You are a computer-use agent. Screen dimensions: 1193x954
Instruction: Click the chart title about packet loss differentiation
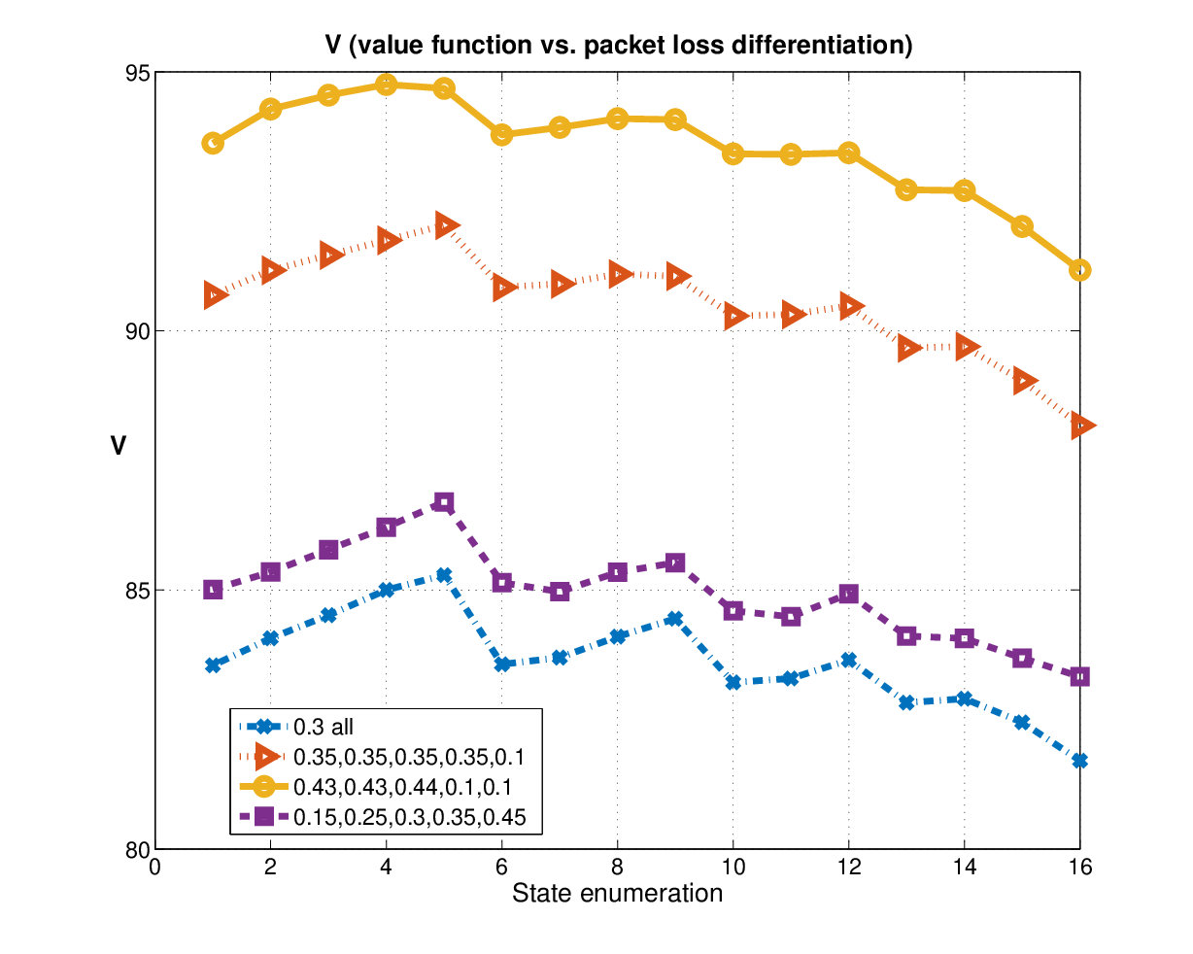pyautogui.click(x=618, y=45)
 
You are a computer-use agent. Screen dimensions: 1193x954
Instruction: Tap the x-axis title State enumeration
pyautogui.click(x=617, y=893)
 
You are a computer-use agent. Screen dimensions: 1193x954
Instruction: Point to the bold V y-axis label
pyautogui.click(x=119, y=446)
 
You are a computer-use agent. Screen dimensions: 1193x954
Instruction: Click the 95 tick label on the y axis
pyautogui.click(x=138, y=73)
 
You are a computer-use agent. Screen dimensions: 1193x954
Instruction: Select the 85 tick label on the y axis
pyautogui.click(x=138, y=591)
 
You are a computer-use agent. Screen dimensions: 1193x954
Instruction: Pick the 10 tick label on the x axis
pyautogui.click(x=733, y=867)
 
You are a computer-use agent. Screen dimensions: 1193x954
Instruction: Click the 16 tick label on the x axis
pyautogui.click(x=1079, y=867)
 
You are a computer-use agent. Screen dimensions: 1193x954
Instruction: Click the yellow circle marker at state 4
pyautogui.click(x=386, y=85)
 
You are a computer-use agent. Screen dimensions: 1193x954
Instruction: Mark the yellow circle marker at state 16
pyautogui.click(x=1079, y=270)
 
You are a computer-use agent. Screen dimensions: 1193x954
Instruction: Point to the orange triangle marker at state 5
pyautogui.click(x=446, y=225)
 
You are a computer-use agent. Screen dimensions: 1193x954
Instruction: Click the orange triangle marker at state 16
pyautogui.click(x=1082, y=426)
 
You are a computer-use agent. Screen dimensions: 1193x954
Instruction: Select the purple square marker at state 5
pyautogui.click(x=444, y=503)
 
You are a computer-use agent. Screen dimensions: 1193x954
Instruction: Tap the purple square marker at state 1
pyautogui.click(x=213, y=590)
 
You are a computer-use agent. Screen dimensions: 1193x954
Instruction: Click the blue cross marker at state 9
pyautogui.click(x=674, y=619)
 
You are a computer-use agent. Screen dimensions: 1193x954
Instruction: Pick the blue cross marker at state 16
pyautogui.click(x=1079, y=761)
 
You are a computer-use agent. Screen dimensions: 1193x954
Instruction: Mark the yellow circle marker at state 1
pyautogui.click(x=213, y=143)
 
